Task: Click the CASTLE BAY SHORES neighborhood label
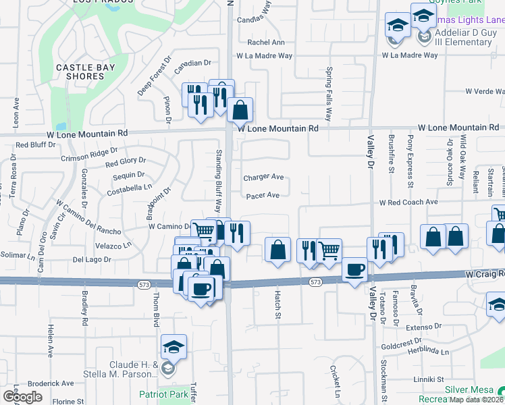coord(85,72)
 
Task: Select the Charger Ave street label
coord(263,178)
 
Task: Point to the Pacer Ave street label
coord(263,196)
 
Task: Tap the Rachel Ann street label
coord(266,42)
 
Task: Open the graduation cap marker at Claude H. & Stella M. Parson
coord(174,348)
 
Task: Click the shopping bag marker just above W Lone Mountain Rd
coord(240,109)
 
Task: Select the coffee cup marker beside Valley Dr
coord(355,271)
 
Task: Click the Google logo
coord(22,397)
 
